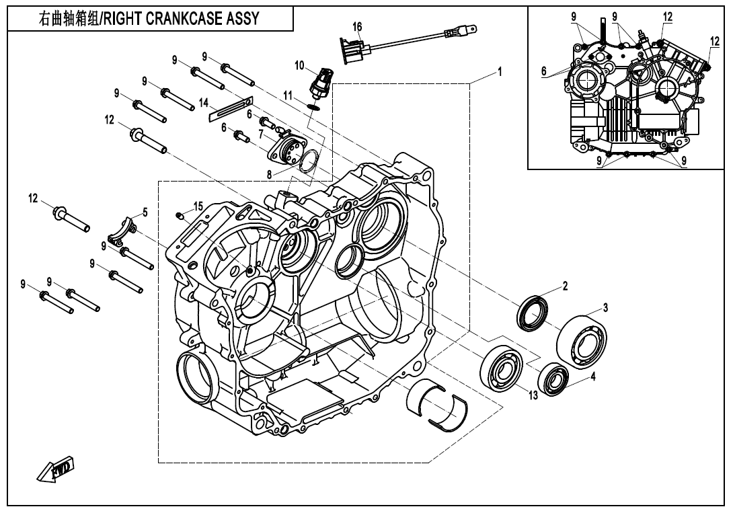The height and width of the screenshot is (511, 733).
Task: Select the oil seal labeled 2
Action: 533,311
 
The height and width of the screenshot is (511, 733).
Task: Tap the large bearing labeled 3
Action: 583,341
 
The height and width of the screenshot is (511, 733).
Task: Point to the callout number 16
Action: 357,26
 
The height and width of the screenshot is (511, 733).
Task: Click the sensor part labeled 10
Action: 321,80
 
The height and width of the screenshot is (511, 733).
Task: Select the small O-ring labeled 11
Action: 313,106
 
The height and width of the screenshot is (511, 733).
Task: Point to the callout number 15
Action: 198,205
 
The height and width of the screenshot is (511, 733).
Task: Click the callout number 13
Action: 533,395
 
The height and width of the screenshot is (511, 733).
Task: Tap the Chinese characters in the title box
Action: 67,18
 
